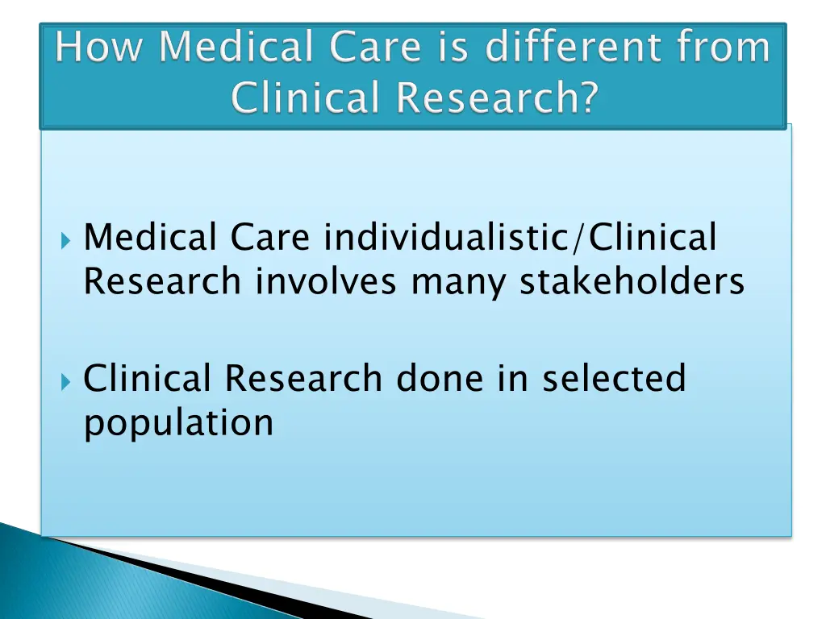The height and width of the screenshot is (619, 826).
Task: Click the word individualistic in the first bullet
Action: point(445,238)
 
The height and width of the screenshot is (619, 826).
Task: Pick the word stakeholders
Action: point(632,281)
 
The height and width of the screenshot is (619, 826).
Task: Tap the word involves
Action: point(326,281)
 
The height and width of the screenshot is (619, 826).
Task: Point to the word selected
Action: point(613,378)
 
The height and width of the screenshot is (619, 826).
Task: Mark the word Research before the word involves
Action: point(162,281)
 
